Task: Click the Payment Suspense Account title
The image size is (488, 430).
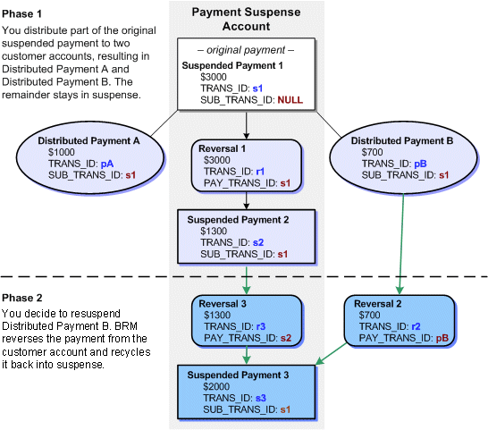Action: (x=244, y=18)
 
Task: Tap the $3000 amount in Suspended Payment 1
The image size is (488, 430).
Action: (x=215, y=78)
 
